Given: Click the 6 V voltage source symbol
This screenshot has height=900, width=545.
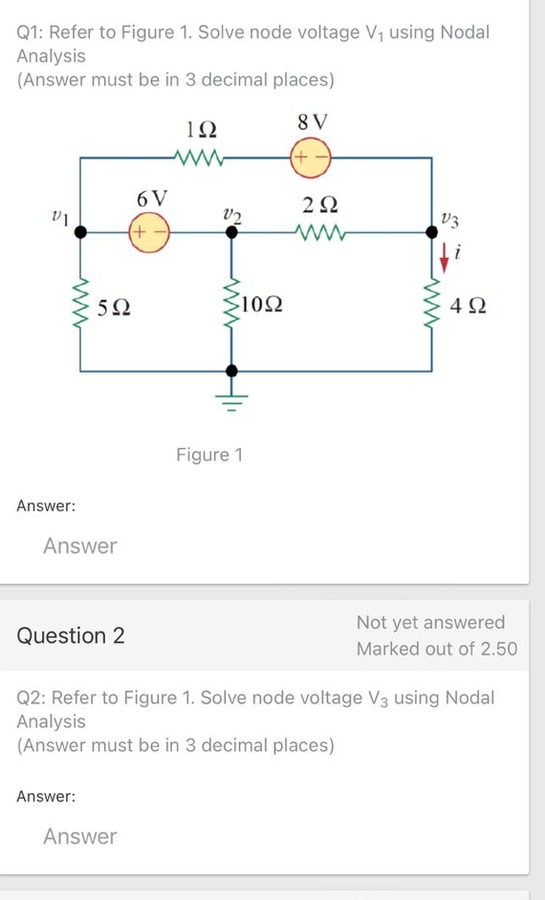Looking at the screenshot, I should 148,231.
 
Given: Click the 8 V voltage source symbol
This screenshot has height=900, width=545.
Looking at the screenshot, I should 312,157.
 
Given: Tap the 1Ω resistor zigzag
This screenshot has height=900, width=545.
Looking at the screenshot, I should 205,157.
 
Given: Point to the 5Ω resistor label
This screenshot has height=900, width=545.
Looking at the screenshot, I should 116,308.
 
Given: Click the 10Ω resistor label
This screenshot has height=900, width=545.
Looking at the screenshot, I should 261,306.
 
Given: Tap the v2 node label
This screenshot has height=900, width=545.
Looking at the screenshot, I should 230,215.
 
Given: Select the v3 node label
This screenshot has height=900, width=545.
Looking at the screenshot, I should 450,221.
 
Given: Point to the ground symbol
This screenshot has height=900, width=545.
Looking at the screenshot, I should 229,395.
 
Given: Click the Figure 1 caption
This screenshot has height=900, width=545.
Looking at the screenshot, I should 209,455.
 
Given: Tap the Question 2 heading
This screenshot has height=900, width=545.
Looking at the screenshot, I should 71,635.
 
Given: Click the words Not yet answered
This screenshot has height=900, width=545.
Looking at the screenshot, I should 430,623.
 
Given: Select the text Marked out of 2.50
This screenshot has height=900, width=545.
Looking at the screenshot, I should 436,649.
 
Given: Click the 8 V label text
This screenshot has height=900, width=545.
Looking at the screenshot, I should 313,122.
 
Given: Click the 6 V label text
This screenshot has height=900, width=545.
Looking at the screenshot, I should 152,199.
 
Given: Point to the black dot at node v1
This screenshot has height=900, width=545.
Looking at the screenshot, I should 80,231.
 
